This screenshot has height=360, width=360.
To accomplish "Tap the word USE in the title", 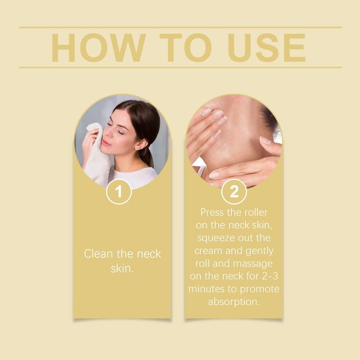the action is coord(266,48).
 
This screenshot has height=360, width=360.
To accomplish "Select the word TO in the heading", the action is coord(185,48).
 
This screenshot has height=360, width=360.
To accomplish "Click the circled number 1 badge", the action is coord(119,192).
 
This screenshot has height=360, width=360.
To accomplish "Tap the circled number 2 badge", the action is coord(234,192).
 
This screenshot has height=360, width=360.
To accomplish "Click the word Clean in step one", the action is coord(98,254).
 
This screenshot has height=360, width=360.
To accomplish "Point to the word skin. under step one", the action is coord(122,268).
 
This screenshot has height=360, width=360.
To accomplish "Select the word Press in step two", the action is coord(212,212).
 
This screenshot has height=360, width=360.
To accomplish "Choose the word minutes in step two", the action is coord(207,289).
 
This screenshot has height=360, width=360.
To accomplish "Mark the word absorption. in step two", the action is coord(234,302).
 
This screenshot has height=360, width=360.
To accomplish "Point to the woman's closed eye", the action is coord(120,132).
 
